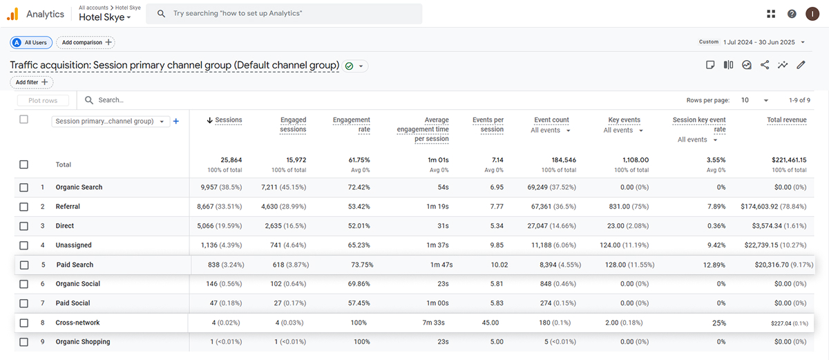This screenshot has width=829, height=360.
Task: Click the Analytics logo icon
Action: tap(12, 14)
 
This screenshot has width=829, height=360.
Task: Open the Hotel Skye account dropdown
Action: tap(105, 17)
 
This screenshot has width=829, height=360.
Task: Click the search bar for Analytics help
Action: tap(284, 14)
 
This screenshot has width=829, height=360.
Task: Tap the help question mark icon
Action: tap(792, 14)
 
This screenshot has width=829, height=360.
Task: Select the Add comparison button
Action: tap(86, 42)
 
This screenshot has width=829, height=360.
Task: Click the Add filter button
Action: tap(32, 82)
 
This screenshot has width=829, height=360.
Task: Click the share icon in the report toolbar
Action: tap(765, 65)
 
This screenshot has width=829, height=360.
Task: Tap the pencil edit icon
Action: tap(801, 65)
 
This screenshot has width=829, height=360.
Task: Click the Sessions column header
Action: tap(229, 120)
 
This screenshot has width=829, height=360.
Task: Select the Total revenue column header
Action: tap(786, 120)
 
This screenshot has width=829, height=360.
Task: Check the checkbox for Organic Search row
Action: tap(23, 187)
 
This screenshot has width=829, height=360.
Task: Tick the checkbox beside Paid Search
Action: tap(24, 265)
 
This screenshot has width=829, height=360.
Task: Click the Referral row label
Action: tap(68, 207)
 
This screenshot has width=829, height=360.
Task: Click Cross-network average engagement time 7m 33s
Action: tap(433, 323)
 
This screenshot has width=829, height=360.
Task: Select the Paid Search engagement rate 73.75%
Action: tap(362, 265)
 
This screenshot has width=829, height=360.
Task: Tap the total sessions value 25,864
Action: tap(231, 160)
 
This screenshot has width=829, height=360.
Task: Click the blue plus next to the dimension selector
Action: tap(176, 122)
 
